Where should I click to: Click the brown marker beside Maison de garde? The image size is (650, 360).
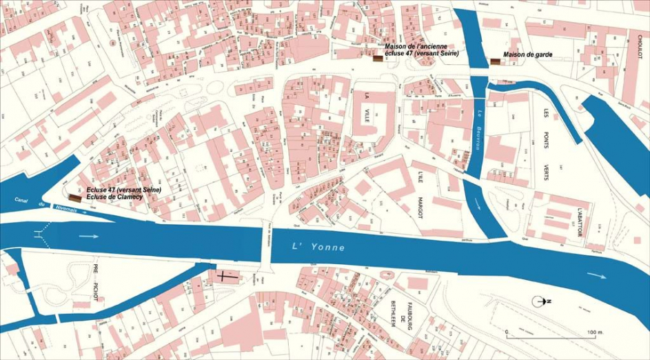495,61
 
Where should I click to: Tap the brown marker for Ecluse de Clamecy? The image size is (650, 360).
75,198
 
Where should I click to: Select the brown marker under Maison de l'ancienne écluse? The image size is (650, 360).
378,59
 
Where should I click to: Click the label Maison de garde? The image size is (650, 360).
527,54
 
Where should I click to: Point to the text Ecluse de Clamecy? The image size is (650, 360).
114,197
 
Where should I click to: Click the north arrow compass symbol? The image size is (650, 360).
541,301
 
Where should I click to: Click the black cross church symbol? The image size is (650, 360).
227,277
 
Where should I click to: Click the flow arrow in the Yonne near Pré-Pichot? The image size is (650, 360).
89,236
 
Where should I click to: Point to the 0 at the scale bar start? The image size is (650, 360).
507,332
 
